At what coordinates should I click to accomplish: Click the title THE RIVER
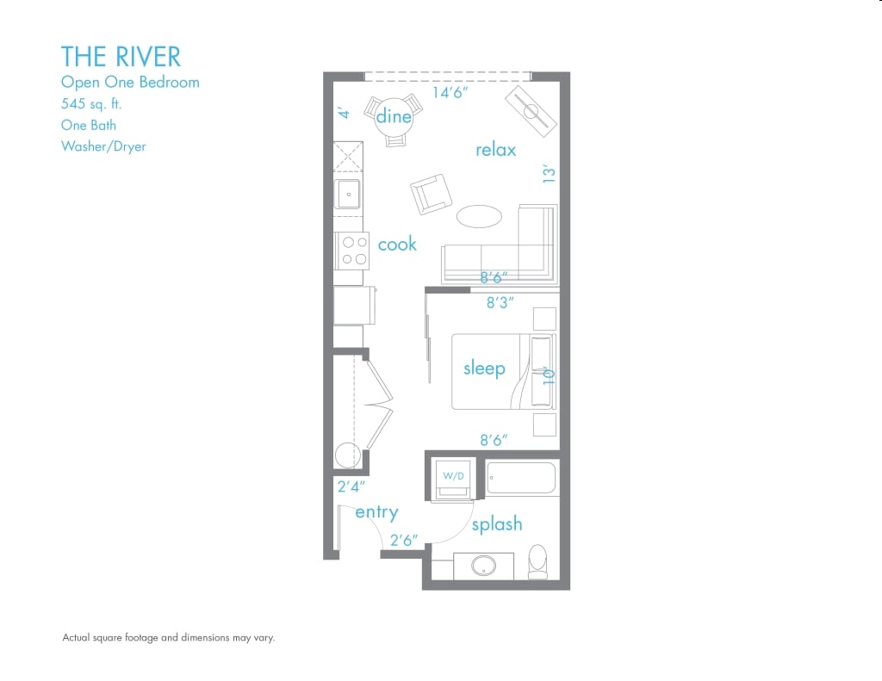pos(121,57)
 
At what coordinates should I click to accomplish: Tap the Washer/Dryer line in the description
pos(103,146)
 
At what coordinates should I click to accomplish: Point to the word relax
pos(495,150)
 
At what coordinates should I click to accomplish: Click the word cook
pos(397,245)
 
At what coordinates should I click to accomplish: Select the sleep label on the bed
pos(484,368)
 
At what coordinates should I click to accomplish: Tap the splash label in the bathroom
pos(497,523)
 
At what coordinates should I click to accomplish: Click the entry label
pos(376,512)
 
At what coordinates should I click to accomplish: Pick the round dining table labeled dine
pos(394,116)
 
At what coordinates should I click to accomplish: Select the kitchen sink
pos(350,195)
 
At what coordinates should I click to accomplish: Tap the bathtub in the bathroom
pos(521,479)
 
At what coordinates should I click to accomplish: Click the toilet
pos(537,560)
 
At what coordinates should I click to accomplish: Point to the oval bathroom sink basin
pos(482,566)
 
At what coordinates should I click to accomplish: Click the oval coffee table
pos(478,216)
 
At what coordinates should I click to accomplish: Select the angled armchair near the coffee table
pos(431,194)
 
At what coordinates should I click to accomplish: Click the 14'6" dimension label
pos(450,92)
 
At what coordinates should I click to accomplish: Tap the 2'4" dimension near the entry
pos(352,487)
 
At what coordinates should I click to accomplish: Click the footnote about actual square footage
pos(168,638)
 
